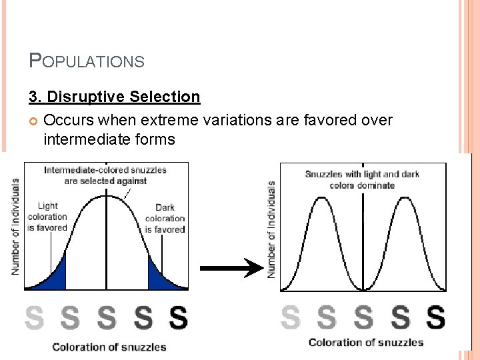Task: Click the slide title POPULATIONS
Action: click(x=87, y=61)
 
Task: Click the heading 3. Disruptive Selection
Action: click(x=114, y=97)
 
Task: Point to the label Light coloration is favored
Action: click(x=47, y=217)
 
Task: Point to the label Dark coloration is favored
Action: click(x=165, y=218)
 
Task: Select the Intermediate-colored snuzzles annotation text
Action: click(x=105, y=175)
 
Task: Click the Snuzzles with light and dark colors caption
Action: click(x=362, y=179)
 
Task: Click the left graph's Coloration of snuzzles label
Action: click(x=109, y=347)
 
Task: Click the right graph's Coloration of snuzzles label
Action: click(x=366, y=343)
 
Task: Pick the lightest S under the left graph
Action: click(x=35, y=318)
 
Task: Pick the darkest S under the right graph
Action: click(x=435, y=317)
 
